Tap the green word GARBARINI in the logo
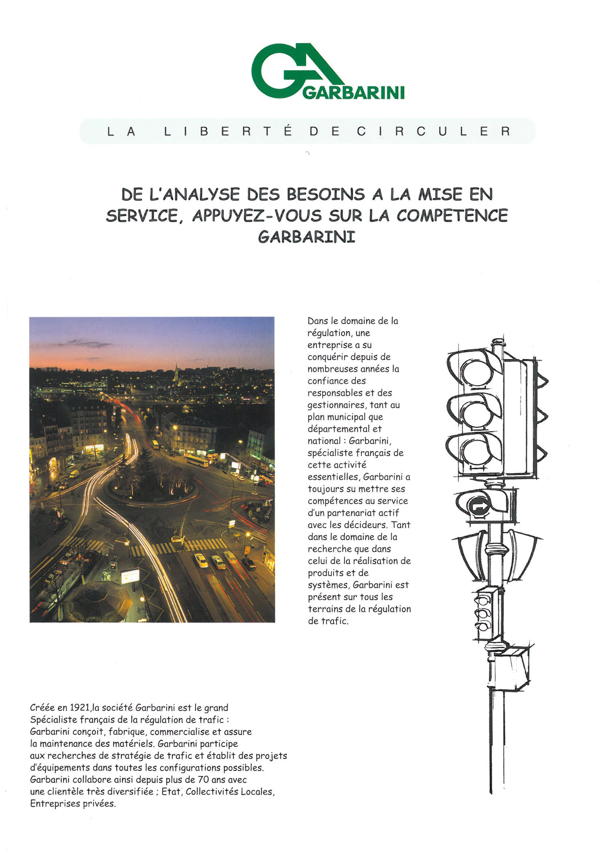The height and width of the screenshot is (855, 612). (x=353, y=93)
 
